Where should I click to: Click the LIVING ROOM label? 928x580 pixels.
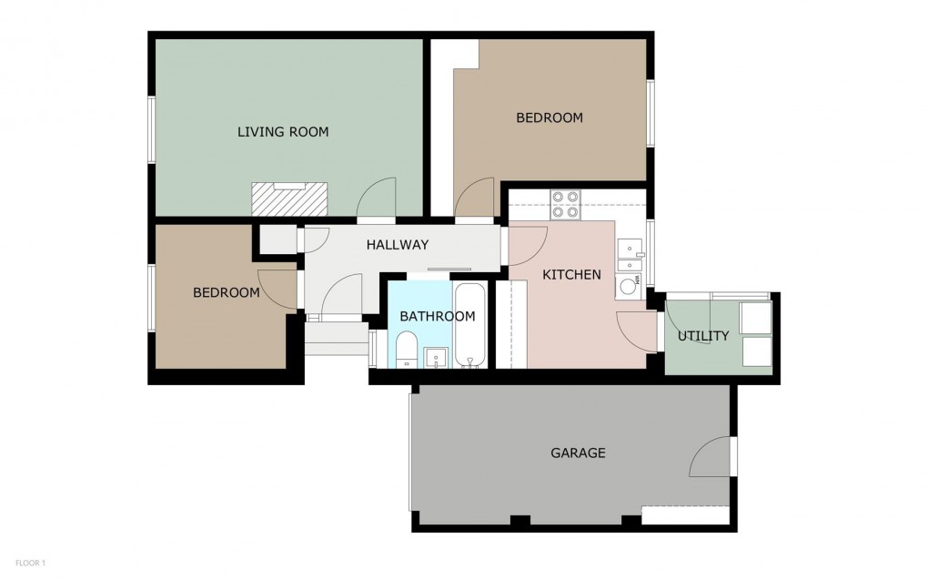(x=283, y=132)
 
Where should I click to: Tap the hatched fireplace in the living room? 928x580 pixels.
(x=289, y=196)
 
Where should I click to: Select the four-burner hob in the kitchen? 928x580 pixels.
(x=566, y=204)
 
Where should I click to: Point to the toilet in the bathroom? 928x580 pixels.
(x=406, y=349)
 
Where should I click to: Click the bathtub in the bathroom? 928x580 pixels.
(x=470, y=326)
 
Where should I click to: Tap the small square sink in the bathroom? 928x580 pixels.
(x=437, y=357)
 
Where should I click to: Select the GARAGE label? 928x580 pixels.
(x=578, y=453)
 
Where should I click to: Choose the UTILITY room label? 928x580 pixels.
(x=703, y=336)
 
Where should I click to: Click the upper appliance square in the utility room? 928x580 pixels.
(x=756, y=318)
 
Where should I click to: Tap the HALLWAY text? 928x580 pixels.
(x=397, y=245)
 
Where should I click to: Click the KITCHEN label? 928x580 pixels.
(x=571, y=274)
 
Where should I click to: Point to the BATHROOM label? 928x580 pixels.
(x=438, y=317)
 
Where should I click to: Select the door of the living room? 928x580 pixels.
(x=377, y=199)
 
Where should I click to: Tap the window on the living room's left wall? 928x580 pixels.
(x=152, y=129)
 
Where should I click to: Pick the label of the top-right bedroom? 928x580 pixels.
(x=550, y=117)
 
